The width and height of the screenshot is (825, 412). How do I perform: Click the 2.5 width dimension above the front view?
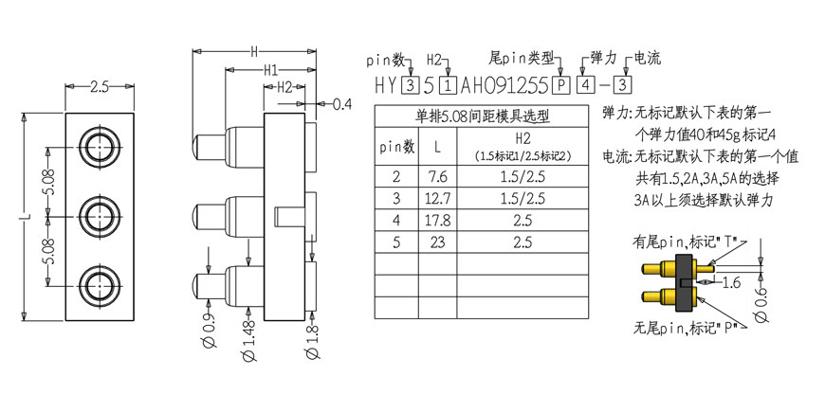(100, 87)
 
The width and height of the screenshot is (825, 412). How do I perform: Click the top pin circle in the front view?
(100, 146)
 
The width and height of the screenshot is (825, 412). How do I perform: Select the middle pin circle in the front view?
(100, 215)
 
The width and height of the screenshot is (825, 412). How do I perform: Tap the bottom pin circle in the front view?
(100, 285)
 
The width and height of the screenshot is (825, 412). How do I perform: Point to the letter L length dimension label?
(29, 216)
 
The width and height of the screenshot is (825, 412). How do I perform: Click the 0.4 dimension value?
(342, 104)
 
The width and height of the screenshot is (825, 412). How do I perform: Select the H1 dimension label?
(271, 70)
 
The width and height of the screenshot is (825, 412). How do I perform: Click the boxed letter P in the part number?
(561, 85)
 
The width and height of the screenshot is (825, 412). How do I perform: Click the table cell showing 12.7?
(438, 199)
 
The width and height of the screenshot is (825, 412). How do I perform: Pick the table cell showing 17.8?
(438, 221)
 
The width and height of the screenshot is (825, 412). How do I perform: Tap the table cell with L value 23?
(438, 242)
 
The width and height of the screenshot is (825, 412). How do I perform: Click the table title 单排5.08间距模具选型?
(482, 116)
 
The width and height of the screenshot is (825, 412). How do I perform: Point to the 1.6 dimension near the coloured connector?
(730, 283)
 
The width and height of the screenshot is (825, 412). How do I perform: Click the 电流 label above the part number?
(648, 57)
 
